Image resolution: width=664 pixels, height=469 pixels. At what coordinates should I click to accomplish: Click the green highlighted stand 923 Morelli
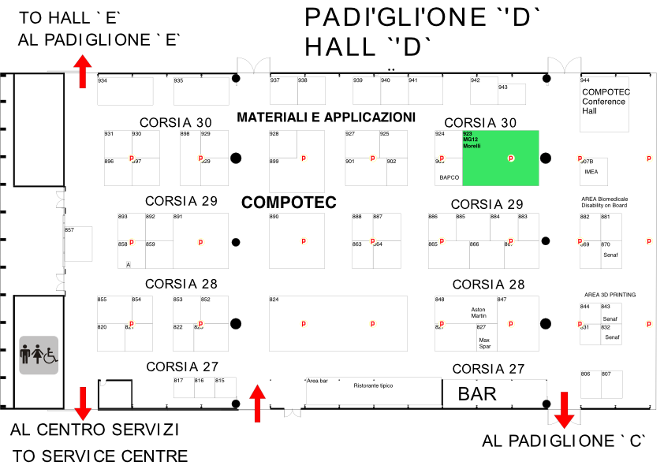pos(500,158)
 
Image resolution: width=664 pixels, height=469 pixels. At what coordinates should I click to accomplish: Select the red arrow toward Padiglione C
pos(563,408)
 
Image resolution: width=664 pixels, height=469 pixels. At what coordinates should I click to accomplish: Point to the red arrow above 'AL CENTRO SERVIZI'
pos(82,403)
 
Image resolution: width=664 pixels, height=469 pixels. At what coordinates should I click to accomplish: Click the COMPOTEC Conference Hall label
pos(606,101)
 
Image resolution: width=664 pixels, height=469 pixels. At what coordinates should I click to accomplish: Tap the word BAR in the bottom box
pos(477,393)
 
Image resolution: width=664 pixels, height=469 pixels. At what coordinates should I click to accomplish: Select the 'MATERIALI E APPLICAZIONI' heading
pos(326,117)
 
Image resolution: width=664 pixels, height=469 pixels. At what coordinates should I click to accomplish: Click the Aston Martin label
pos(479,313)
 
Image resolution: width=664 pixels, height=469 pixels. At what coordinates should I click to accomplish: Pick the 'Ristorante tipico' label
pos(373,385)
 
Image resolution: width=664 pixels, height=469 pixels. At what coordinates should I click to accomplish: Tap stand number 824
pos(274,300)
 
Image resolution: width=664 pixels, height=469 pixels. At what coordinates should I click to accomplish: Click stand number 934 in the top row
pos(103,81)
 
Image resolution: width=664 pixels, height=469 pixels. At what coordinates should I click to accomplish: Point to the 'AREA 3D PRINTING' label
pos(610,295)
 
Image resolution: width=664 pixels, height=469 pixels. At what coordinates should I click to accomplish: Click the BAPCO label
pos(449,177)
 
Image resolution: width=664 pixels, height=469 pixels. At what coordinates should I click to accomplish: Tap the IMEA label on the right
pos(591,171)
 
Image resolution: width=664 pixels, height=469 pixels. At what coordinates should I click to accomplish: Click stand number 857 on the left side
pos(69,230)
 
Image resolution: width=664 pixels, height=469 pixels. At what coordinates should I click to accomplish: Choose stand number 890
pos(274,217)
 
